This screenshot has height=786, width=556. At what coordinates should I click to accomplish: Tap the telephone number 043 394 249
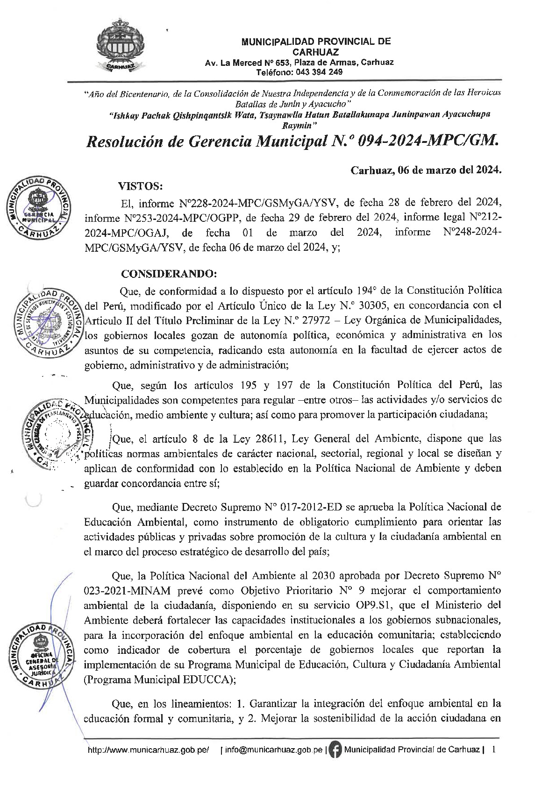[x=320, y=72]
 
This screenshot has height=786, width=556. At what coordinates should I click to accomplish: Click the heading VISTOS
[x=141, y=187]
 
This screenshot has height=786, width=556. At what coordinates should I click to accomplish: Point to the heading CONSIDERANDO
[x=169, y=274]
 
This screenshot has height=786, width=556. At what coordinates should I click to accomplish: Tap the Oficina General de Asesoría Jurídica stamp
[x=42, y=656]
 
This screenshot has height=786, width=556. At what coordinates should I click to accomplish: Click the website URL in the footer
[x=149, y=750]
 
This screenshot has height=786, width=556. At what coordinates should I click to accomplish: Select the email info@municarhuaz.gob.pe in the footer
[x=273, y=750]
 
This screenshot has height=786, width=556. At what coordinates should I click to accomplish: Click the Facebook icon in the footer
[x=335, y=750]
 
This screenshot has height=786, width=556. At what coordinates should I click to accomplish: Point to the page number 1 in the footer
[x=493, y=750]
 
